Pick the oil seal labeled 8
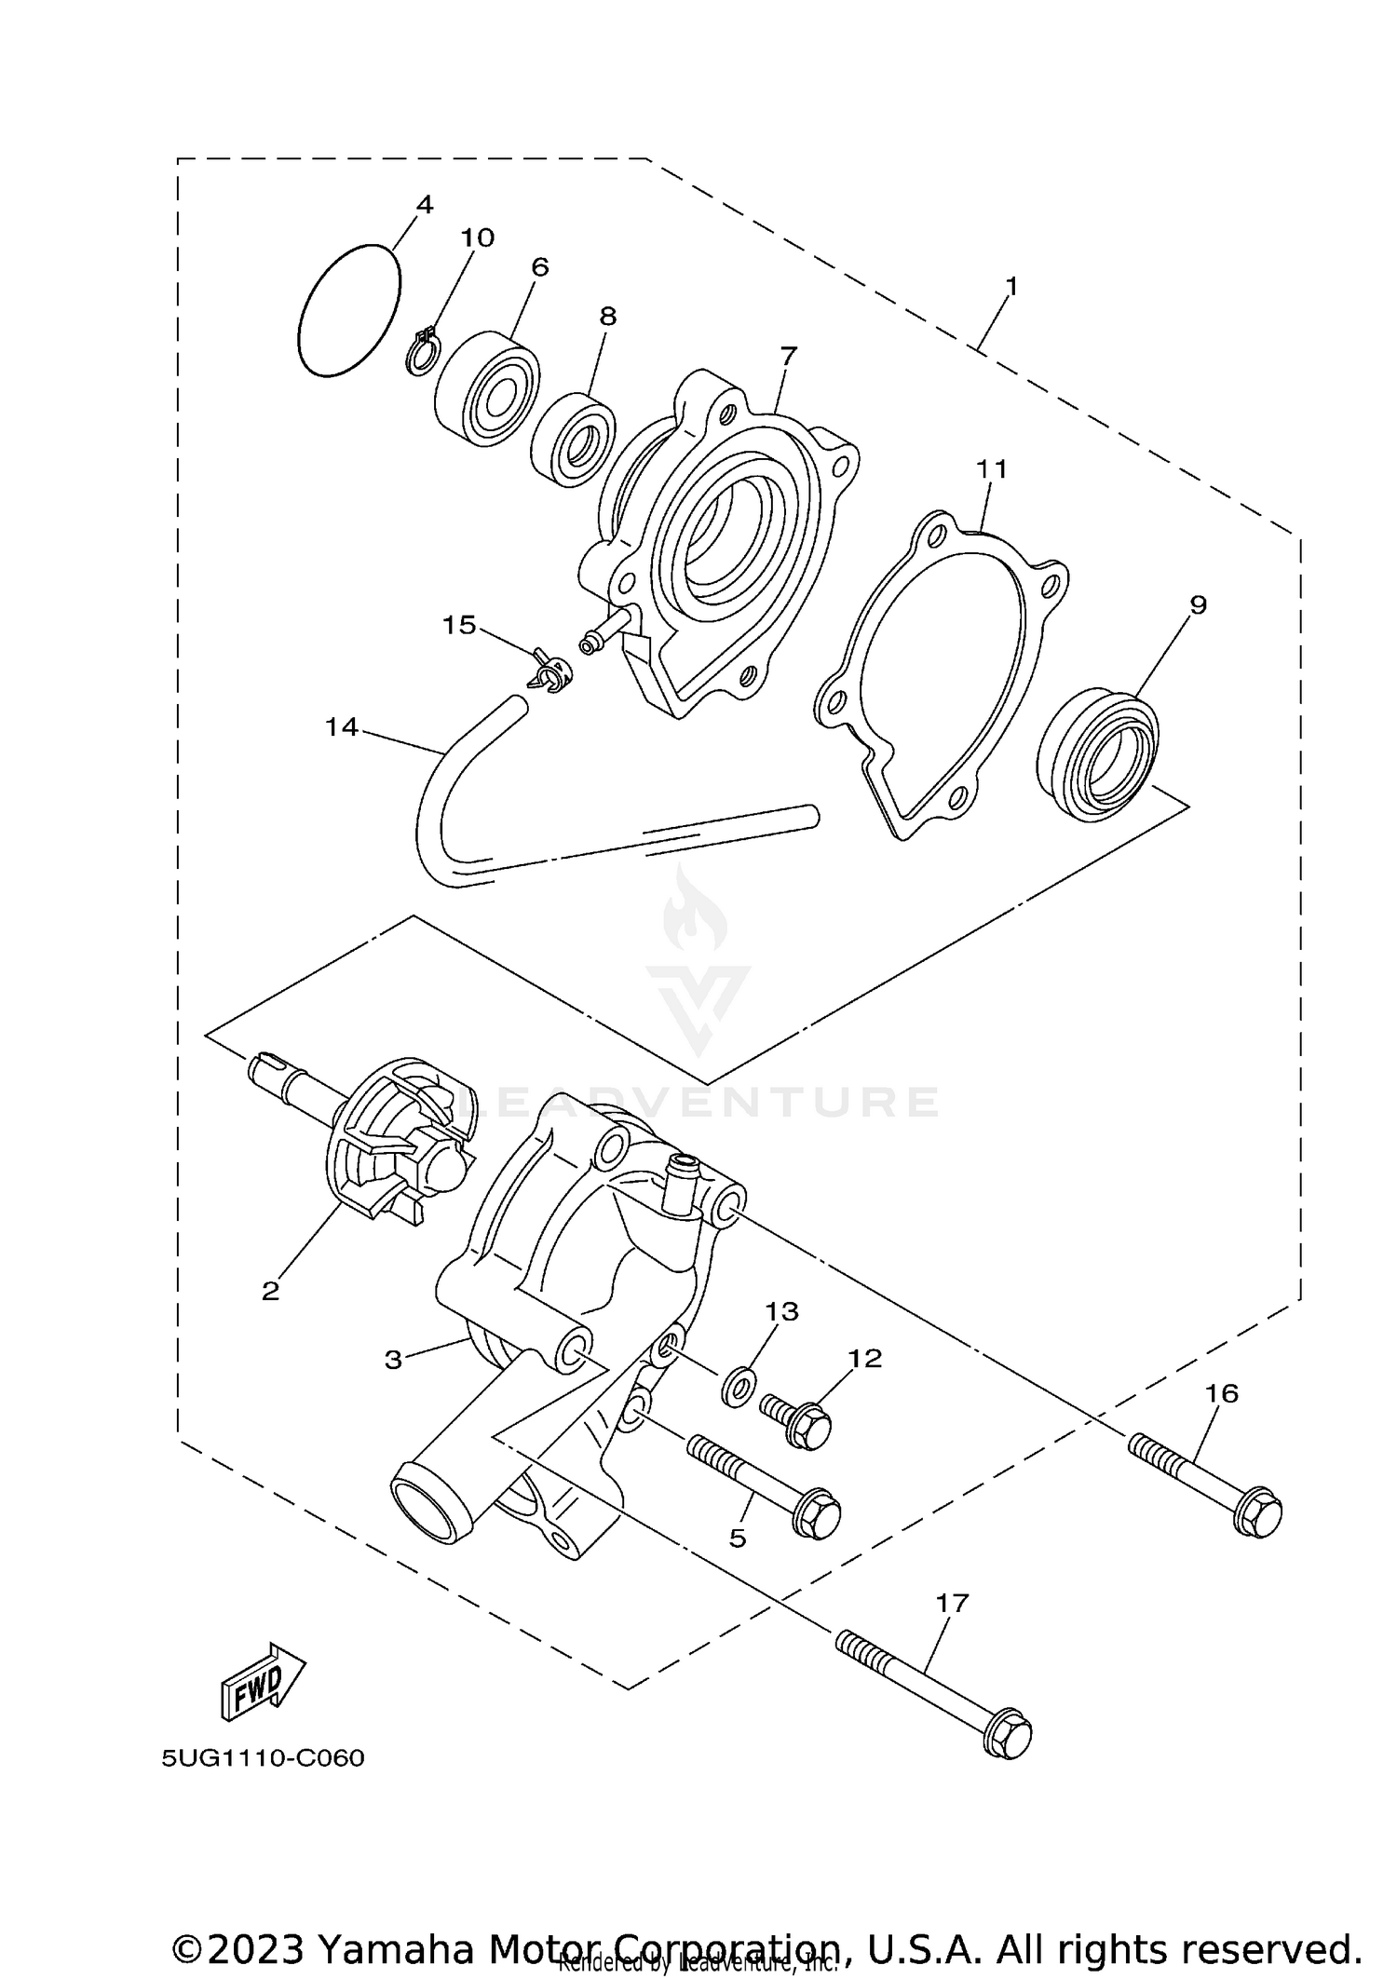[573, 440]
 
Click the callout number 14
[342, 727]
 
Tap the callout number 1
[1011, 287]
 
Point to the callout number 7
[788, 355]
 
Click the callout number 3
[393, 1360]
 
